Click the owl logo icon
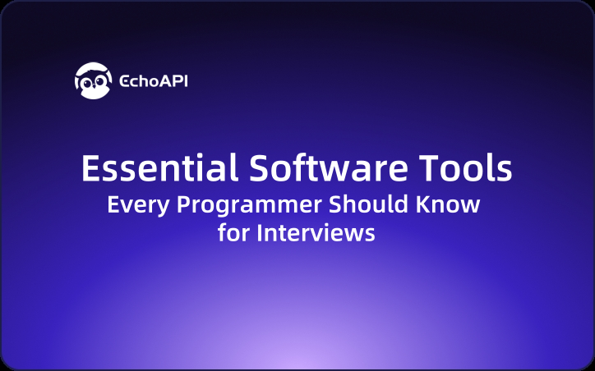pyautogui.click(x=91, y=80)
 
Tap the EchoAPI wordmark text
pyautogui.click(x=154, y=81)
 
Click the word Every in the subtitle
pyautogui.click(x=131, y=204)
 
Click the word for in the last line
pyautogui.click(x=233, y=232)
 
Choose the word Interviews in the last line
pyautogui.click(x=316, y=232)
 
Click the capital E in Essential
pyautogui.click(x=91, y=169)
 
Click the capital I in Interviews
pyautogui.click(x=260, y=232)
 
